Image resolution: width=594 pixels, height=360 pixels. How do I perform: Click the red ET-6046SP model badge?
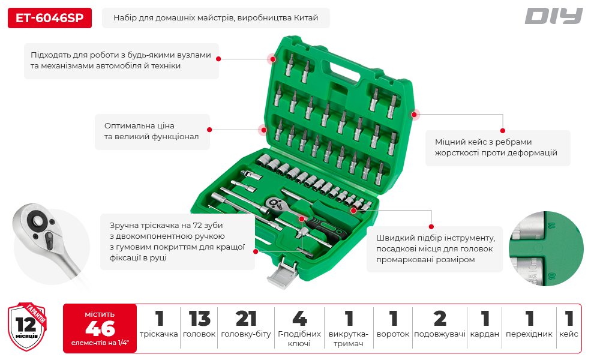[50, 18]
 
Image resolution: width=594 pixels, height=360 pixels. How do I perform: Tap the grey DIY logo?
[553, 16]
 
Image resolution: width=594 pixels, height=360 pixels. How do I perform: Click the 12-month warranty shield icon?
[27, 326]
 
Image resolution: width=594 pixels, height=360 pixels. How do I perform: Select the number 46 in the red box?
[100, 329]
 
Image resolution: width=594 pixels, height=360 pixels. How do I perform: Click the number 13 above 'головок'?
[199, 319]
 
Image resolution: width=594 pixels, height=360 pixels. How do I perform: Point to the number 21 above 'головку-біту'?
[246, 319]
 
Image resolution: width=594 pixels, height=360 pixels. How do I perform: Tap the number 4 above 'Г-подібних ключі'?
[299, 319]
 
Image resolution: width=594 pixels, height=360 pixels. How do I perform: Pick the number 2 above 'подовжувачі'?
[440, 319]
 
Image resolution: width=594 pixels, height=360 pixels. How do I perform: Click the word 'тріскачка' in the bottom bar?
[159, 334]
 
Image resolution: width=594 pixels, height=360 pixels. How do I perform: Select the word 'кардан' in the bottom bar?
[485, 334]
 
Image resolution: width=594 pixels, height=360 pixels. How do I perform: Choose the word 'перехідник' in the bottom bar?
[529, 334]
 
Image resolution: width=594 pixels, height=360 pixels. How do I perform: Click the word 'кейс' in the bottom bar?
[569, 334]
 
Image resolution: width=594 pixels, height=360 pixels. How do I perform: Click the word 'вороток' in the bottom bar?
[393, 334]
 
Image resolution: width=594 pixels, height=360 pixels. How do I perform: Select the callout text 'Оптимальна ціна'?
[139, 126]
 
